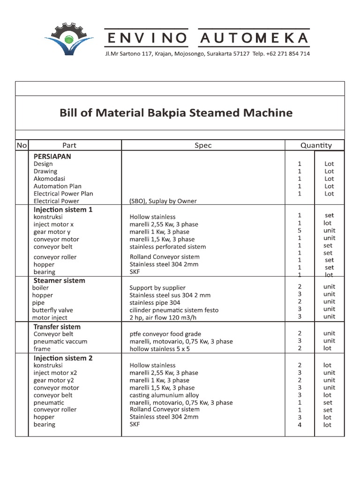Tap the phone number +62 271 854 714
coord(287,54)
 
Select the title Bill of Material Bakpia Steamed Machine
coord(176,113)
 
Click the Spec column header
coord(203,145)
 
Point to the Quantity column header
coord(316,145)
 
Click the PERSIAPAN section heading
coord(52,157)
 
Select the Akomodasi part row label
coord(49,179)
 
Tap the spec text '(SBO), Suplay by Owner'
coord(163,201)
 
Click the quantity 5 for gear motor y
coord(300,231)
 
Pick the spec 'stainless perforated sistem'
coord(167,247)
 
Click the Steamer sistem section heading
coord(59,280)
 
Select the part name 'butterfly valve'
coord(52,310)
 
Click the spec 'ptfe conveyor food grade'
coord(165,334)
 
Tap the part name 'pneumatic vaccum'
coord(60,342)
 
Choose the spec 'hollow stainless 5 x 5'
coord(159,349)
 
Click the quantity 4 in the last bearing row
coord(300,425)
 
